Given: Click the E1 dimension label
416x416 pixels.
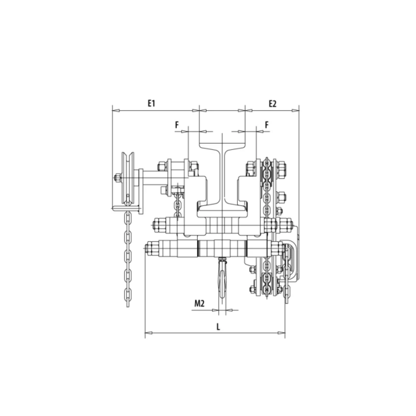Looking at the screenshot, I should (152, 103).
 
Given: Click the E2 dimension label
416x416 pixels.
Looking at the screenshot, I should (273, 103).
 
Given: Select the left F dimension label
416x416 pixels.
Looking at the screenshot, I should (176, 123).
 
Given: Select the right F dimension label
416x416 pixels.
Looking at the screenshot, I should (266, 123).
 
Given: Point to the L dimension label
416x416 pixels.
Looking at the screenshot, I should (218, 327).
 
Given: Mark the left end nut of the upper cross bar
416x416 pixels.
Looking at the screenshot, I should (157, 226).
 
